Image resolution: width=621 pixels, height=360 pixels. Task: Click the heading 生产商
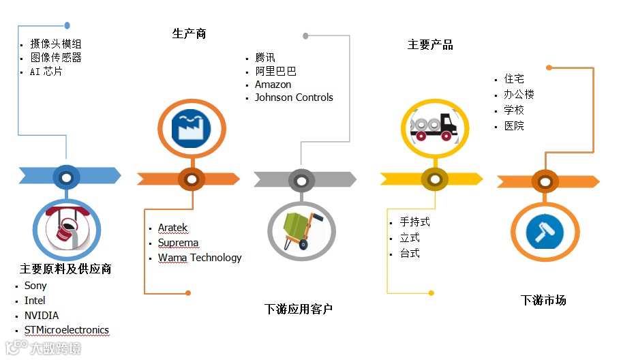[x=189, y=33]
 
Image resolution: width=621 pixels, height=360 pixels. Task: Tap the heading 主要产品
[x=430, y=45]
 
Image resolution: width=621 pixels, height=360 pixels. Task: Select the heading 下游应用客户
[x=299, y=310]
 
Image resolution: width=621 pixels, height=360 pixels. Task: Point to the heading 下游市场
[x=543, y=300]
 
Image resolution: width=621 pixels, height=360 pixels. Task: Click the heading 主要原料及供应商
[x=65, y=269]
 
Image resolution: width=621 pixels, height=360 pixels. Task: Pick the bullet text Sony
[x=35, y=286]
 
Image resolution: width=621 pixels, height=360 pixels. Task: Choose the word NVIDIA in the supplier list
[x=42, y=316]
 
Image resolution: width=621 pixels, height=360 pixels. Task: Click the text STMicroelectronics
[x=67, y=330]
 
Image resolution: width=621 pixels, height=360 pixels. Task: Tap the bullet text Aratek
[x=172, y=228]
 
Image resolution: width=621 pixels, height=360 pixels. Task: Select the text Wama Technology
[x=200, y=258]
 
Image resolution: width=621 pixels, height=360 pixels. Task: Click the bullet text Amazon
[x=273, y=85]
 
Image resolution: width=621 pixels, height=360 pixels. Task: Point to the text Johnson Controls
[x=294, y=97]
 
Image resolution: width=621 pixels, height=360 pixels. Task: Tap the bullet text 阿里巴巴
[x=275, y=71]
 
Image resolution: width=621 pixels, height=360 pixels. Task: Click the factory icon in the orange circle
[x=192, y=127]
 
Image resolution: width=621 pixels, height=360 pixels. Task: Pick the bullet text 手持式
[x=414, y=222]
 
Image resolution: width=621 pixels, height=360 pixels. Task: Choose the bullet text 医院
[x=514, y=126]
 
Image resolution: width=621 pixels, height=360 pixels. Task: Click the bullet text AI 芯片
[x=46, y=72]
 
